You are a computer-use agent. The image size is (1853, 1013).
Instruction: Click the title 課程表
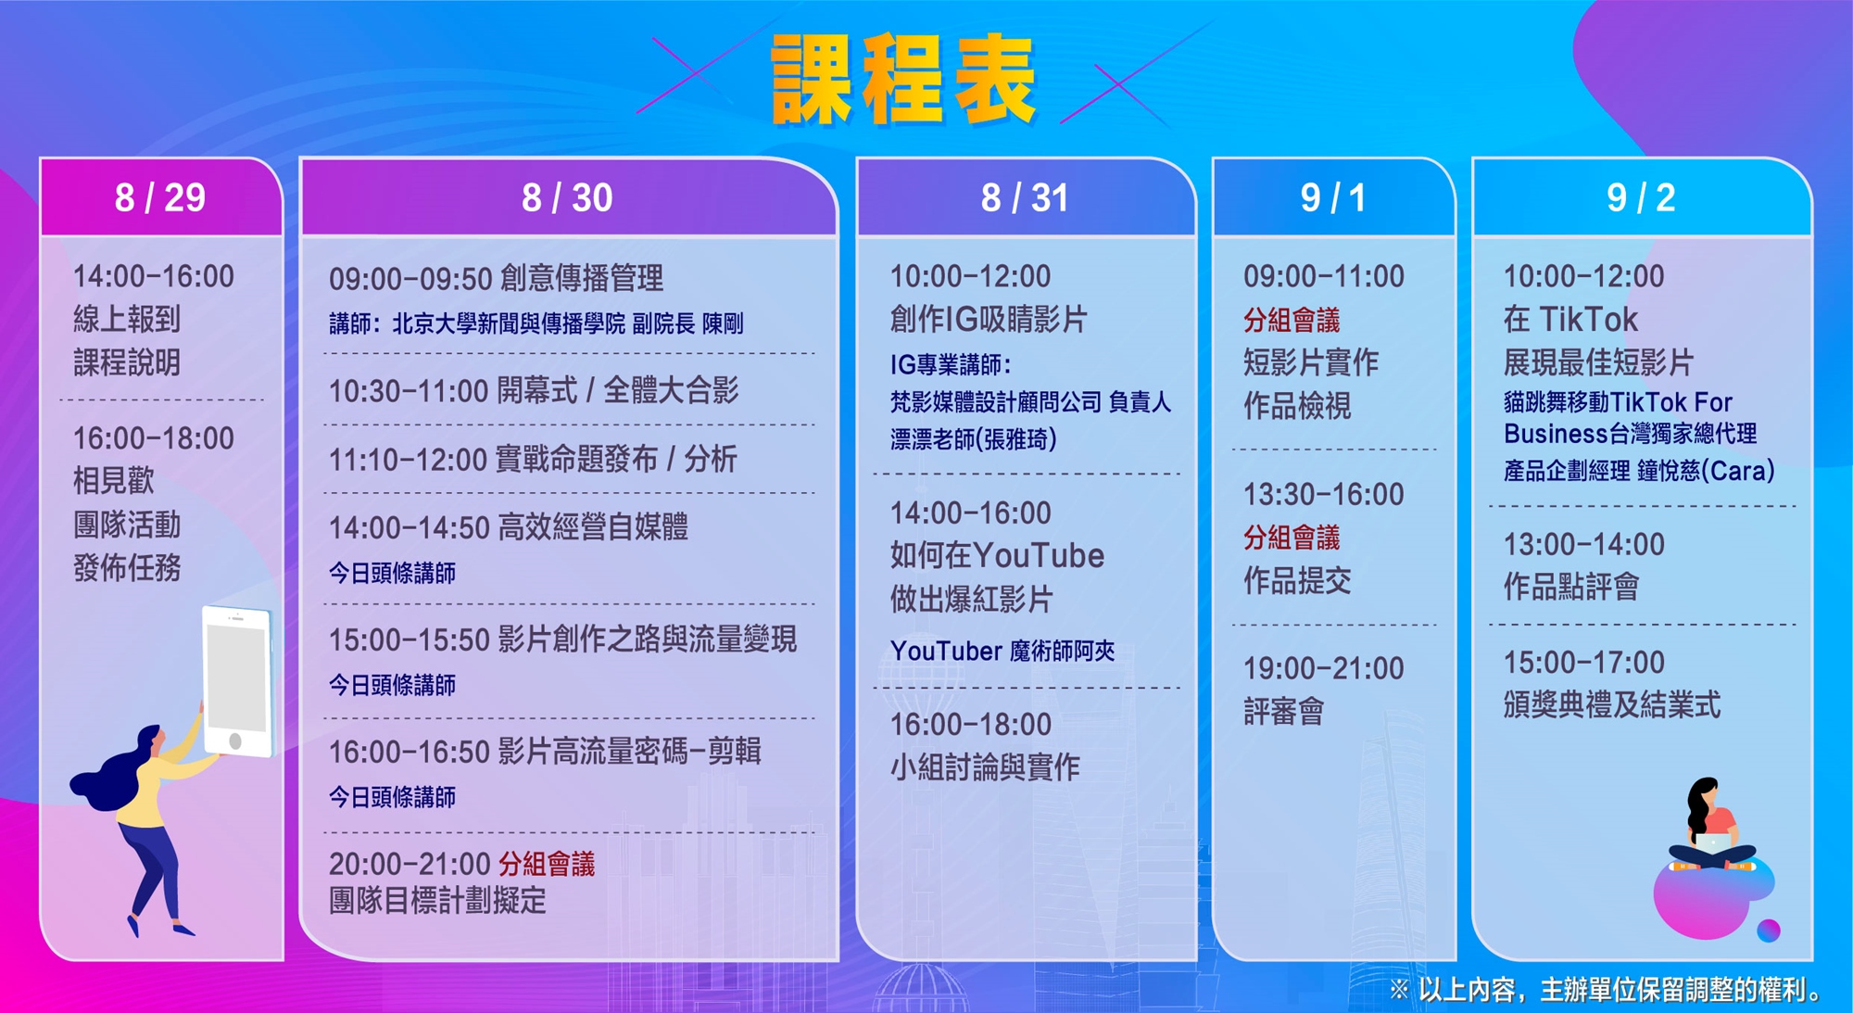coord(903,80)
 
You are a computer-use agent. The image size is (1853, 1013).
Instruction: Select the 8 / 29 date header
coord(160,197)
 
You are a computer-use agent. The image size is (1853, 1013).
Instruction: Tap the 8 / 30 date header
coord(567,197)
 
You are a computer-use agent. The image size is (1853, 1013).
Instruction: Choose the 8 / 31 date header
coord(1025,197)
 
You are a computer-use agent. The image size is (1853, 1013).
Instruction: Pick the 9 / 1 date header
coord(1333,197)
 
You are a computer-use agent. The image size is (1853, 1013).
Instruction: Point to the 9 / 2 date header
coord(1641,197)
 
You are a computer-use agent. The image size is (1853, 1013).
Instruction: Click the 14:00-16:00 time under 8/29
coord(154,276)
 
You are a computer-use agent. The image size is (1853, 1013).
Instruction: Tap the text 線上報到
coord(127,319)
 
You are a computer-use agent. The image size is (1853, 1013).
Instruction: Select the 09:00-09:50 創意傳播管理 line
coord(496,278)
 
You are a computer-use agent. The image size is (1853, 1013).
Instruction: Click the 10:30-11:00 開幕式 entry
coord(534,390)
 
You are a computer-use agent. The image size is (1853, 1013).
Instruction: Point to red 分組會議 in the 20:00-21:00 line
coord(547,864)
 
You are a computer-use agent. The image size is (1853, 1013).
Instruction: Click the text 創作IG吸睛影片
coord(989,319)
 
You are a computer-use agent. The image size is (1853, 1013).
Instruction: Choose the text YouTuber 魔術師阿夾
coord(1002,651)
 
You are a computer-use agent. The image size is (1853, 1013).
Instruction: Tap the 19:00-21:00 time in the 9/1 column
coord(1323,668)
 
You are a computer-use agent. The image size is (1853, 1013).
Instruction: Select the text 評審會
coord(1284,711)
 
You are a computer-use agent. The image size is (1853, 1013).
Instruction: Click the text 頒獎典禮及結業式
coord(1612,705)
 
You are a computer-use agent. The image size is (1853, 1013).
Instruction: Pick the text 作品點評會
coord(1571,586)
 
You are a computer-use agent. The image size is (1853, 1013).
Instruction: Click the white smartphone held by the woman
coord(238,681)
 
